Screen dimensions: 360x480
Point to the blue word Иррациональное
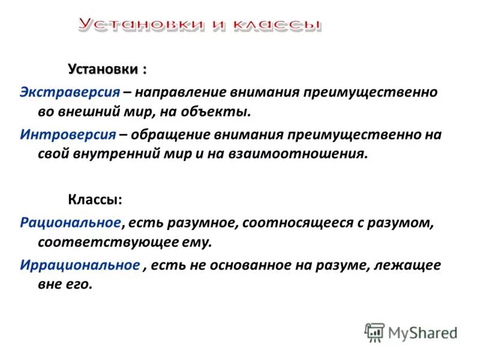point(80,265)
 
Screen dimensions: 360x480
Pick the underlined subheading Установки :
point(107,69)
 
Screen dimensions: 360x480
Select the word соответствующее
point(103,242)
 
